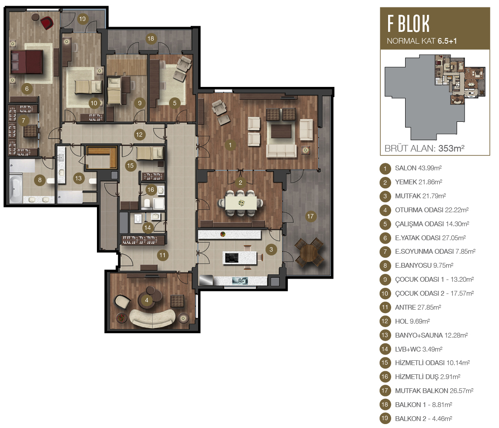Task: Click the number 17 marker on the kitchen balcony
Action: pos(310,217)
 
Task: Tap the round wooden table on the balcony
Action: pos(309,253)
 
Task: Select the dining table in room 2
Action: pos(241,203)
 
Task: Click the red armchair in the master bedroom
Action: pos(47,23)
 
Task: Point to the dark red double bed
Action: pos(27,62)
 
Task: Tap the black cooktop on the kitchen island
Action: pos(231,258)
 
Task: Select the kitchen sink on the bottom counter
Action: pos(240,281)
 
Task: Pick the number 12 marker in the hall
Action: pos(139,135)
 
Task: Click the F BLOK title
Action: pos(408,24)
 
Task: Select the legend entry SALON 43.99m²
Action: pos(418,168)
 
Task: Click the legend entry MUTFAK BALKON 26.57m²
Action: pos(434,391)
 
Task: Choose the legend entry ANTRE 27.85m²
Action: pos(418,307)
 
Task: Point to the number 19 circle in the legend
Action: pos(385,418)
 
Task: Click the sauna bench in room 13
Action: pos(102,156)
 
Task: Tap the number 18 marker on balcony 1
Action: pos(151,39)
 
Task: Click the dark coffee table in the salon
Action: pos(281,131)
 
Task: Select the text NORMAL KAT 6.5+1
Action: pos(422,41)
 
